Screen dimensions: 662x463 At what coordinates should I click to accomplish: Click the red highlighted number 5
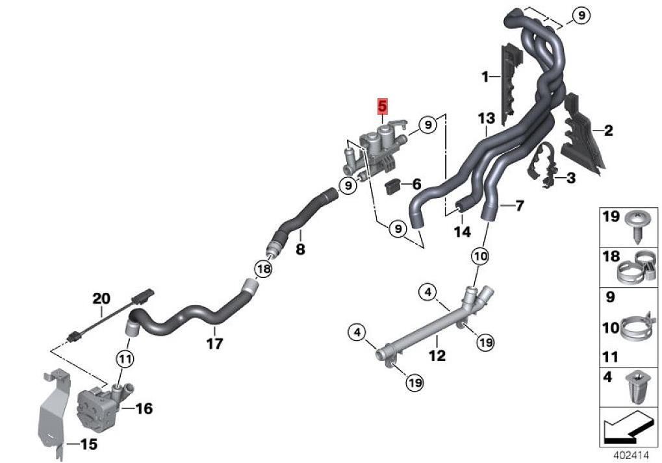[383, 105]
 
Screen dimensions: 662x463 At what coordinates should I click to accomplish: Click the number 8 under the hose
[300, 249]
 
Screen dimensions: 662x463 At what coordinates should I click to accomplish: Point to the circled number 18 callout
[262, 268]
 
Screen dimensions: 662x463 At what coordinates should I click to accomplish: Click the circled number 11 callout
[125, 358]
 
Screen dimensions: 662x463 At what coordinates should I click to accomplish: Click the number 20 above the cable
[101, 299]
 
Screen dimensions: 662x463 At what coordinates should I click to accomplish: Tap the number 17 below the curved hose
[214, 343]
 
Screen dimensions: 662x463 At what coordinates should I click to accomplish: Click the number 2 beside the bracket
[608, 131]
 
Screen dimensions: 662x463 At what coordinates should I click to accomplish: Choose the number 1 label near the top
[485, 77]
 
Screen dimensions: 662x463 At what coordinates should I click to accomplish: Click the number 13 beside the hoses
[486, 119]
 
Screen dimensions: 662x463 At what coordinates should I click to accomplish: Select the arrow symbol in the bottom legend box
[628, 427]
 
